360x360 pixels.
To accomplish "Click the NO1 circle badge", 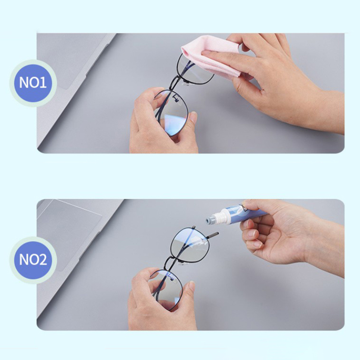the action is coord(33,83).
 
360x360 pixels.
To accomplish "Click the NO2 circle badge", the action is coord(33,260).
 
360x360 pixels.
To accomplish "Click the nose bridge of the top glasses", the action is coord(175,84).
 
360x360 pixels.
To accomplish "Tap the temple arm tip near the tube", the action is coord(212,235).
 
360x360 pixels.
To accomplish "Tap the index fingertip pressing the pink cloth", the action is coord(206,54).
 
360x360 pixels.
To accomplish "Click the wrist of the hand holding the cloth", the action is coord(331,110).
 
